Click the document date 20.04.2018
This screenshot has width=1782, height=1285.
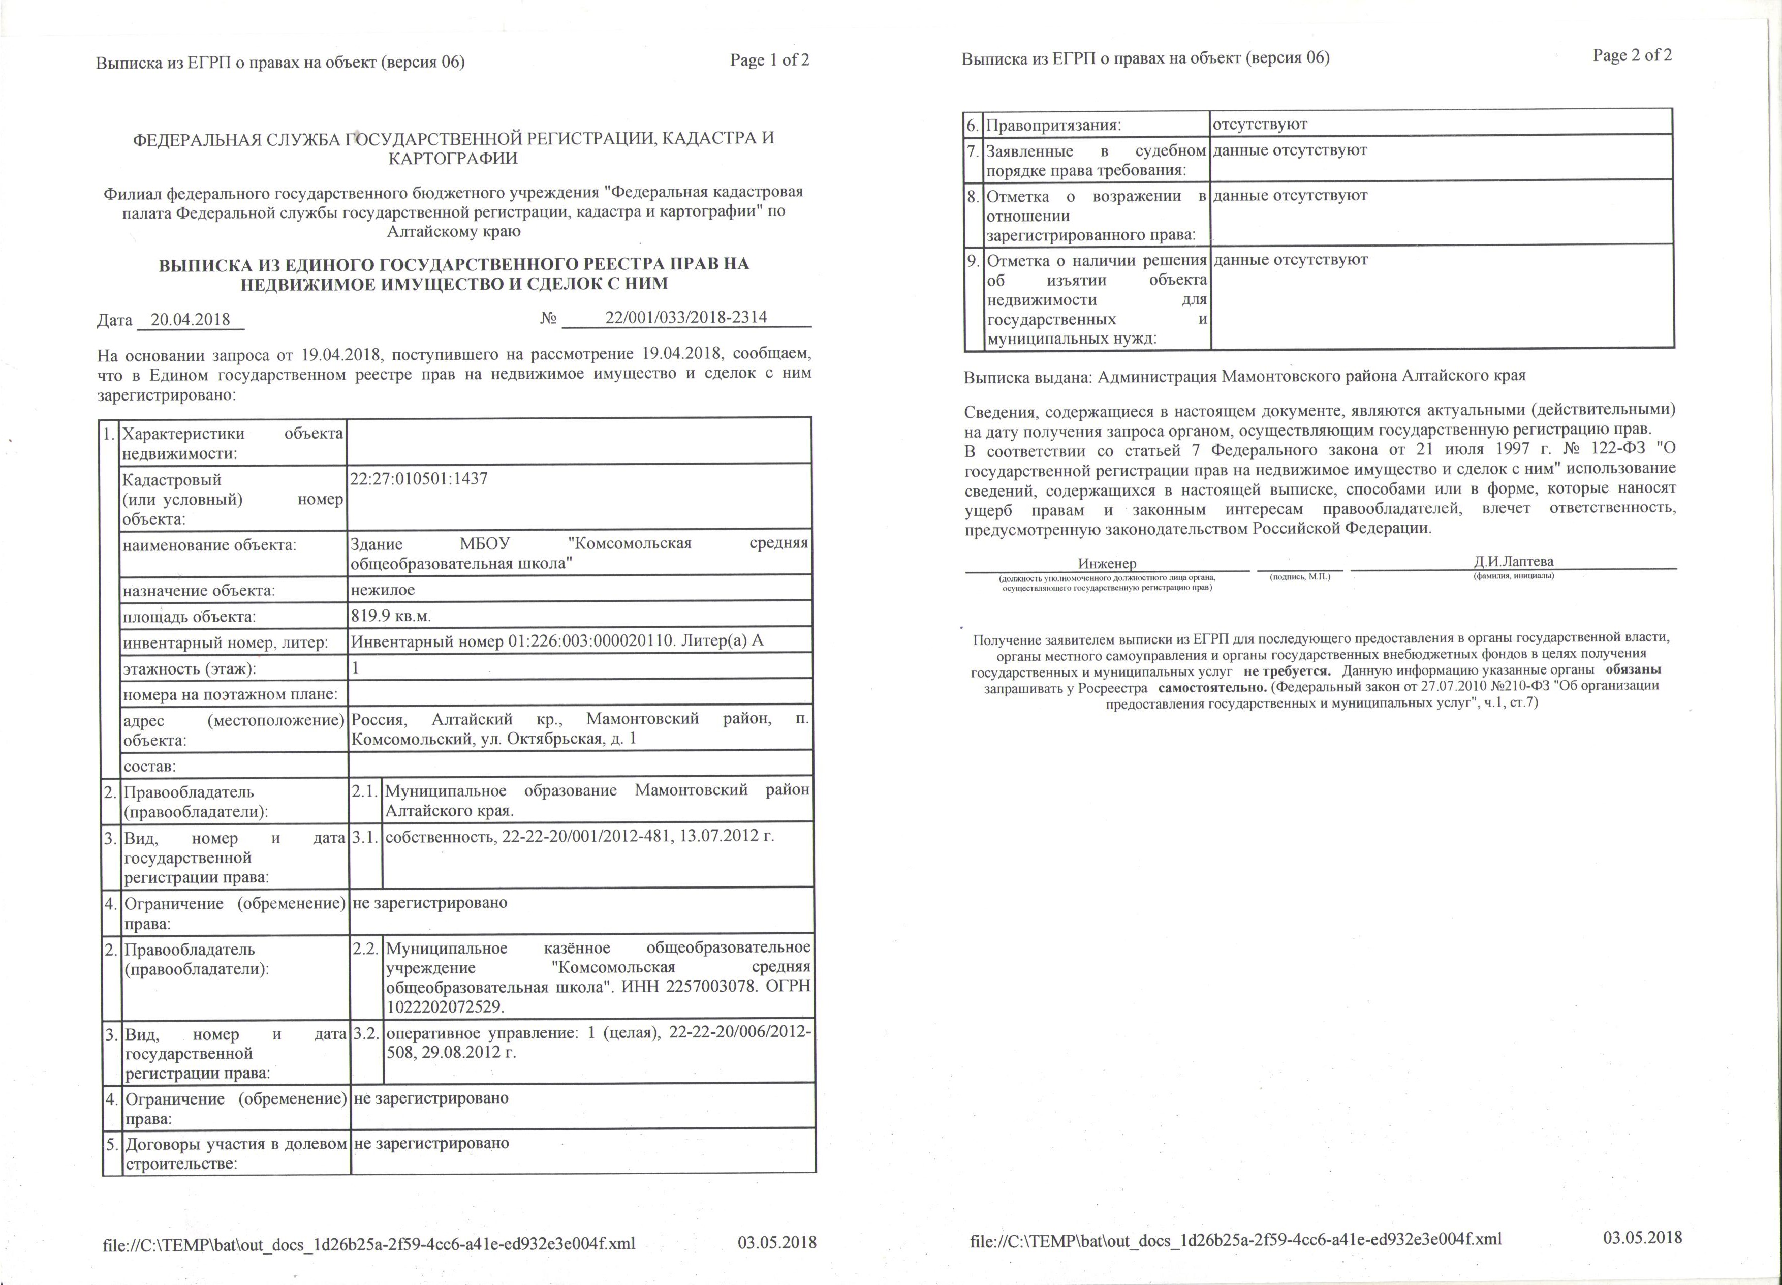(x=190, y=320)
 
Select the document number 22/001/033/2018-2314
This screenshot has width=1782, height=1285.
(x=686, y=318)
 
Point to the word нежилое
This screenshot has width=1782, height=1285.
(x=383, y=590)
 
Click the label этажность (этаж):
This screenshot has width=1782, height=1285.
(x=190, y=669)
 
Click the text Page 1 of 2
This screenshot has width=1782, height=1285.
(x=769, y=60)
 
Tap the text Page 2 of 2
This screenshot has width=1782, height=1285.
(x=1632, y=55)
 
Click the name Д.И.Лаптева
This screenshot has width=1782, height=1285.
(x=1513, y=561)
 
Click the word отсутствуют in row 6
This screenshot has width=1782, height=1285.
(x=1260, y=124)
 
